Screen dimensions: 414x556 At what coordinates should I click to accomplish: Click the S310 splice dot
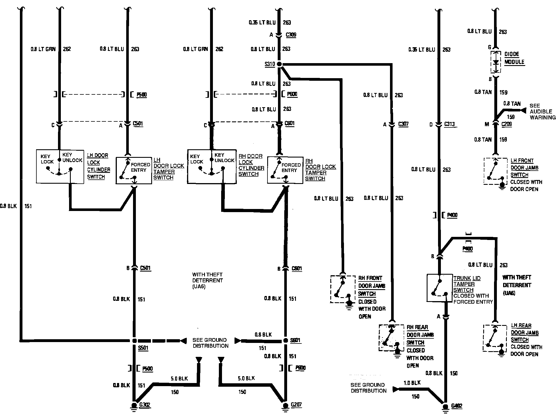pyautogui.click(x=279, y=64)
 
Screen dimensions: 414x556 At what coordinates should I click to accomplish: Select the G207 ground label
pyautogui.click(x=296, y=405)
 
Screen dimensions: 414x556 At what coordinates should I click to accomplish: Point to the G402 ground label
pyautogui.click(x=457, y=406)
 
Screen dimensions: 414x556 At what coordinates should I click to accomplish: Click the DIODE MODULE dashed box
pyautogui.click(x=496, y=62)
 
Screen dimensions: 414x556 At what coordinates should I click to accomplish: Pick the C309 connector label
pyautogui.click(x=291, y=35)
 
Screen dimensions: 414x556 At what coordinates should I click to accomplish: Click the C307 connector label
pyautogui.click(x=403, y=124)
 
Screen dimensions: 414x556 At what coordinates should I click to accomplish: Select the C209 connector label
pyautogui.click(x=507, y=124)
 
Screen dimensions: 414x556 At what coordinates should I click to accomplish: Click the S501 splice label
pyautogui.click(x=143, y=348)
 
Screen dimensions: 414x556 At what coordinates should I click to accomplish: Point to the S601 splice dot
pyautogui.click(x=286, y=341)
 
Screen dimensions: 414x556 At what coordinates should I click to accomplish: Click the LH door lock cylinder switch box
pyautogui.click(x=60, y=166)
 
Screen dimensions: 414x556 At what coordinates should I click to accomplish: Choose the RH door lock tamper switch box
pyautogui.click(x=285, y=170)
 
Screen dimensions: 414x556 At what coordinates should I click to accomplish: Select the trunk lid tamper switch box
pyautogui.click(x=439, y=288)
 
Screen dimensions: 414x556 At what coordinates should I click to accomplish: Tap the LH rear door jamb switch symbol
pyautogui.click(x=495, y=338)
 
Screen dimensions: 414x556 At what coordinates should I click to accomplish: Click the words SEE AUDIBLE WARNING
pyautogui.click(x=542, y=111)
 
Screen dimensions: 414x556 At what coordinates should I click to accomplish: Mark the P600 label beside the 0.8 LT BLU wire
pyautogui.click(x=292, y=94)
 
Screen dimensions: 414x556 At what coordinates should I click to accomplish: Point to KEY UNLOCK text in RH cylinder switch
pyautogui.click(x=224, y=158)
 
